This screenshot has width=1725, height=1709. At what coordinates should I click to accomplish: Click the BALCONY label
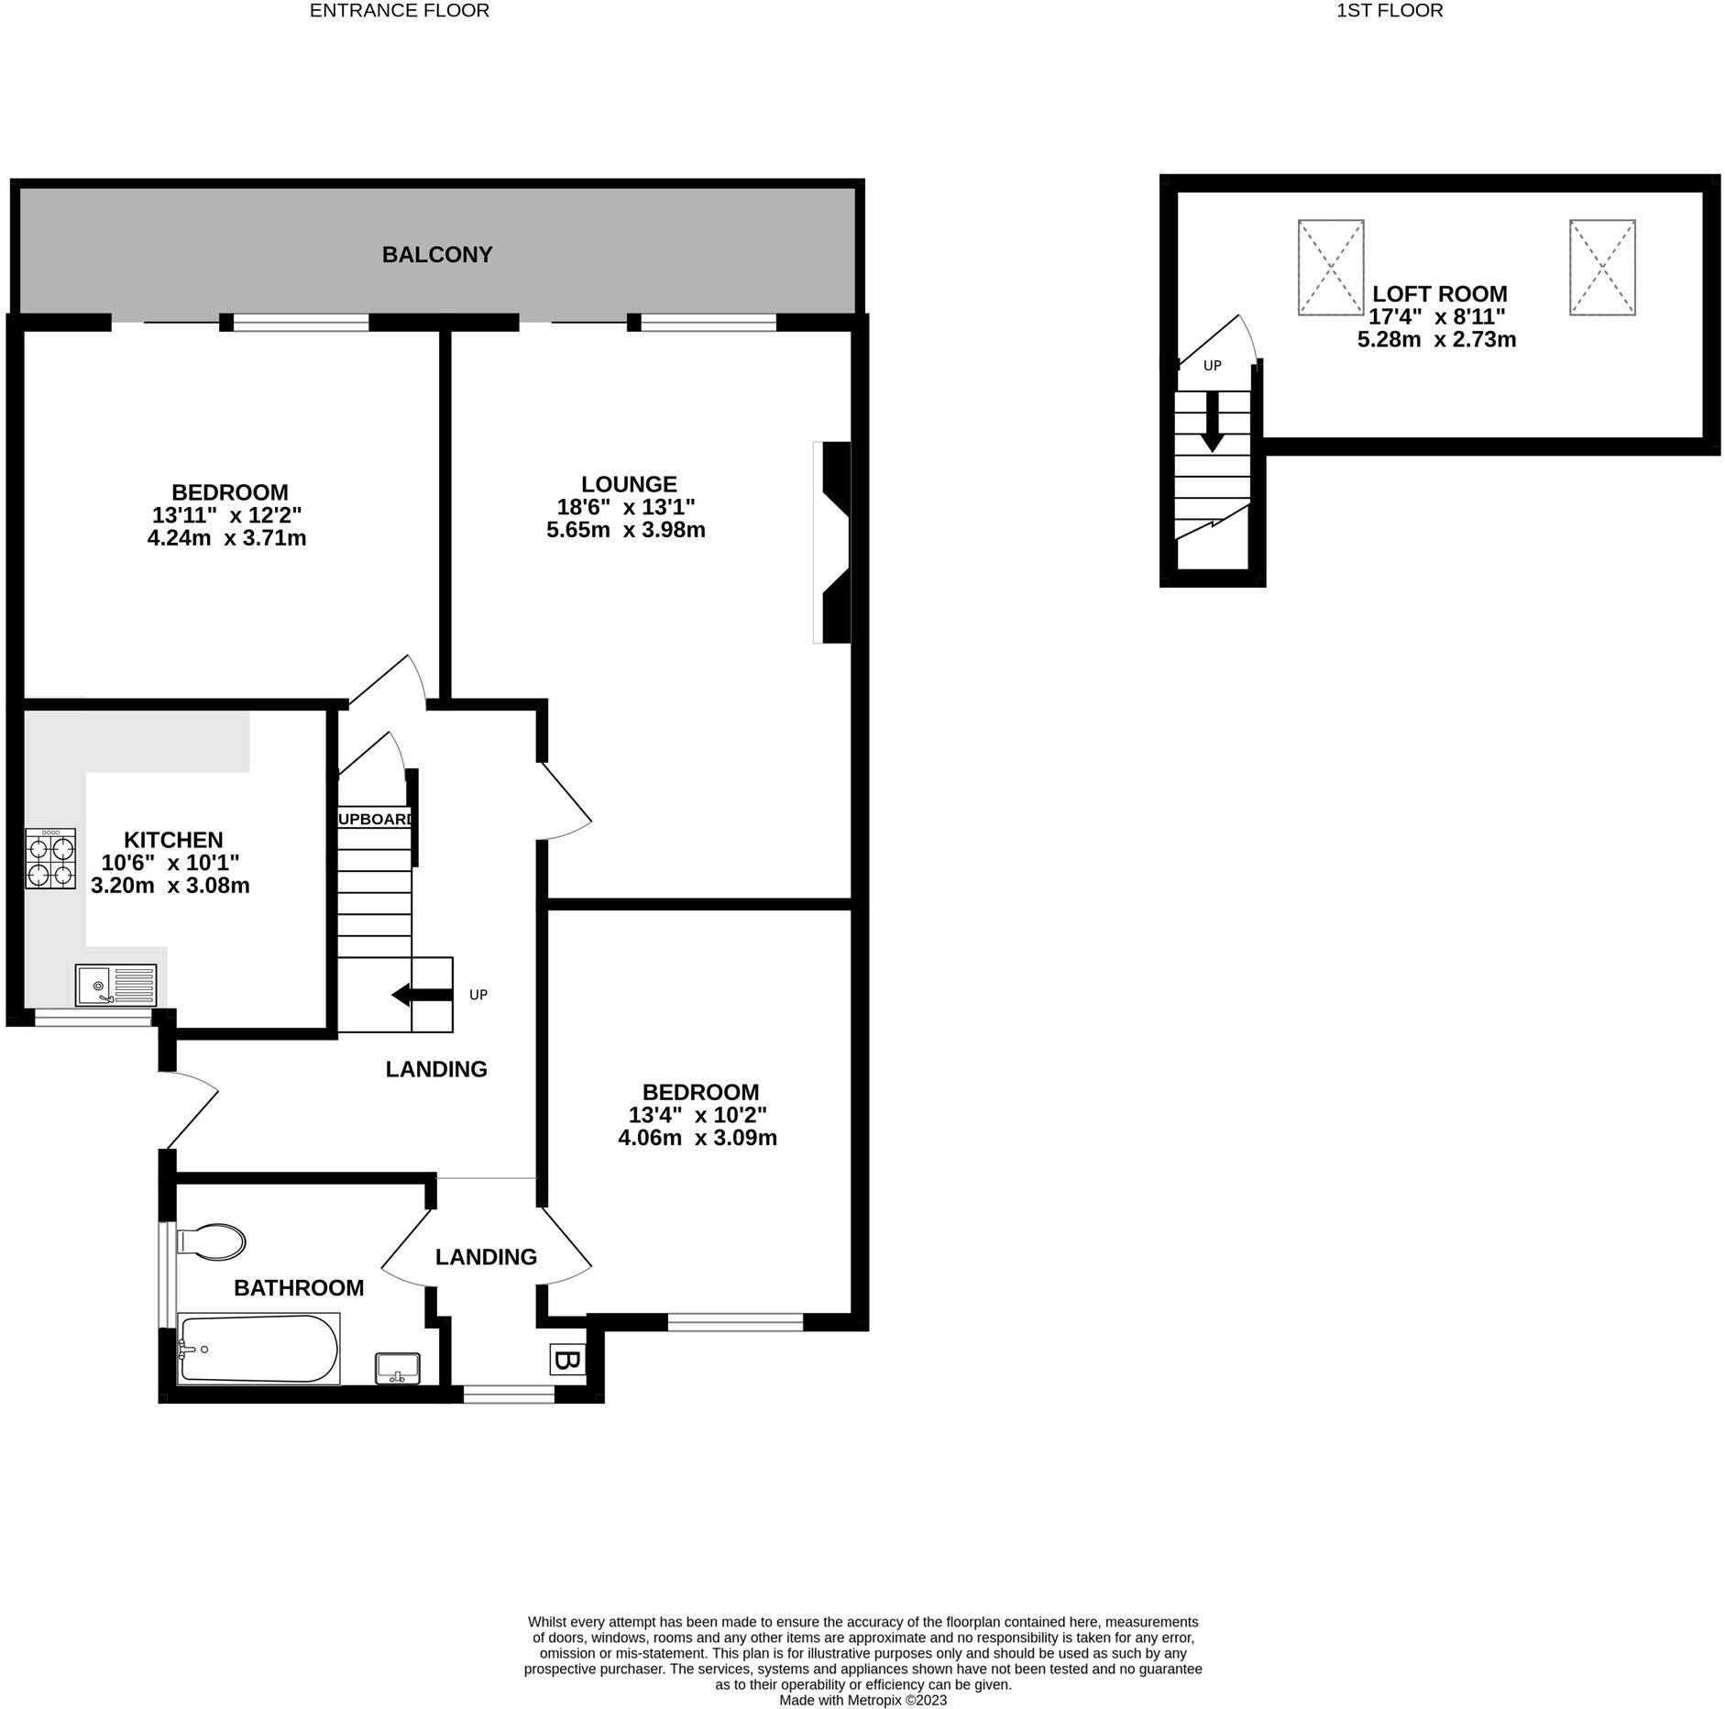(x=437, y=255)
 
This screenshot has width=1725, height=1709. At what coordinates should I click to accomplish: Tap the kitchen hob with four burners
(x=50, y=858)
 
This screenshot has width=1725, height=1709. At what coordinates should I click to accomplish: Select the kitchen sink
(x=116, y=986)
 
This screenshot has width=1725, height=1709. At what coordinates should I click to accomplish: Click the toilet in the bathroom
(x=212, y=1242)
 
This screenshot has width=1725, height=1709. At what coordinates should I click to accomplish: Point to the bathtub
(x=258, y=1349)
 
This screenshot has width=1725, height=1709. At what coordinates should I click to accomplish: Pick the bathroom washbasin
(x=398, y=1369)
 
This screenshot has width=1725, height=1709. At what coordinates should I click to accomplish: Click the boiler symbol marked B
(x=566, y=1361)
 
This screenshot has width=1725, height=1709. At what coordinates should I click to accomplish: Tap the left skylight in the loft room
(x=1331, y=268)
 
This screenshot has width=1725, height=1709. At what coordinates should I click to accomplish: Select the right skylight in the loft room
(x=1602, y=268)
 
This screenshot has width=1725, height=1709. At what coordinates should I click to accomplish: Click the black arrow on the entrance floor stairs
(x=422, y=995)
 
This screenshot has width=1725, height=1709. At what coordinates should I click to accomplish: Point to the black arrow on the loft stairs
(x=1213, y=422)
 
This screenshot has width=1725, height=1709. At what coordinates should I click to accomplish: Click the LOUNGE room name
(x=629, y=484)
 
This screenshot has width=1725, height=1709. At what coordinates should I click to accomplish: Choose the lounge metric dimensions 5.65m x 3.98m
(x=626, y=530)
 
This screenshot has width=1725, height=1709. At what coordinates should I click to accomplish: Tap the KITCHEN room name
(x=173, y=840)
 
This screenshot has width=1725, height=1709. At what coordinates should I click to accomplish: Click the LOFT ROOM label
(x=1439, y=294)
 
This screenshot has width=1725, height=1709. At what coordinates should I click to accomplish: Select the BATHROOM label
(x=299, y=1288)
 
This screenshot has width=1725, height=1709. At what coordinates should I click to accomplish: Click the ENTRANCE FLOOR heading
(x=400, y=11)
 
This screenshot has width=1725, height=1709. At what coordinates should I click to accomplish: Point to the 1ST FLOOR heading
(x=1390, y=11)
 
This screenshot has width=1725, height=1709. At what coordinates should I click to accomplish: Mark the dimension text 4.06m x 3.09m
(x=698, y=1139)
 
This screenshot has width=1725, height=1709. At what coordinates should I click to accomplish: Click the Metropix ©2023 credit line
(x=862, y=1700)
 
